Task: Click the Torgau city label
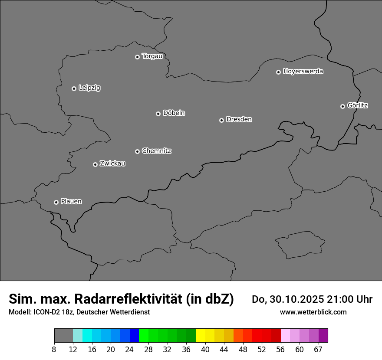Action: tap(152, 56)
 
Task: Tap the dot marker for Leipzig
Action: tap(74, 88)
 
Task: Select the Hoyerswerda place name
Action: tap(303, 72)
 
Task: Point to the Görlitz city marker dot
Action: tap(342, 106)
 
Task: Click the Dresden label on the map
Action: tap(239, 119)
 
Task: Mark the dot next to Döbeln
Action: tap(158, 114)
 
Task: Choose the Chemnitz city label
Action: tap(156, 151)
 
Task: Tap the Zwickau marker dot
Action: tap(95, 164)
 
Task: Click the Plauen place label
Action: tap(71, 201)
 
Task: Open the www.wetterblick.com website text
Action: tap(313, 312)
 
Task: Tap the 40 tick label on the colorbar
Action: tap(205, 350)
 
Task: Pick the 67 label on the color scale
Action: tap(318, 350)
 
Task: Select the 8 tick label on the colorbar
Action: tap(54, 350)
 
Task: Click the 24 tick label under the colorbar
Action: tap(130, 350)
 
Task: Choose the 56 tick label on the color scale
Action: tap(280, 350)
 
